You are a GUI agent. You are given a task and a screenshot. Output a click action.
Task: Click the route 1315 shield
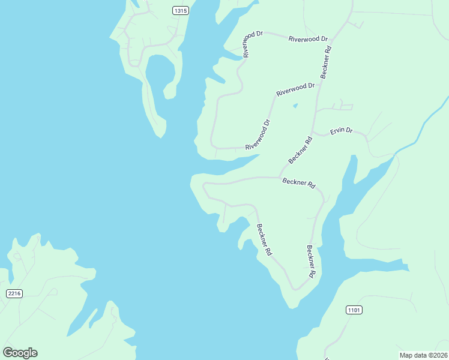click(x=180, y=10)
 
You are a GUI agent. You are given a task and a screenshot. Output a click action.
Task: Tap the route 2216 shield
click(x=14, y=293)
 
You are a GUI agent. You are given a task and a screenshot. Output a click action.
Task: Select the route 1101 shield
click(x=354, y=310)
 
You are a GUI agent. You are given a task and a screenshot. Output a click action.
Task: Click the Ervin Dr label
click(x=342, y=131)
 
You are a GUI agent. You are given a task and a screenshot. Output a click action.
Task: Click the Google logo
click(x=20, y=352)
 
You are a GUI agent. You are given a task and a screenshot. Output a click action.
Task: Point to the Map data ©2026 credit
click(x=423, y=355)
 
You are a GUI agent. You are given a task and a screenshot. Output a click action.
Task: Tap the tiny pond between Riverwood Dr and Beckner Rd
click(x=295, y=106)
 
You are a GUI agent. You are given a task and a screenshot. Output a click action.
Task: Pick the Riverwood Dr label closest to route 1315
click(x=253, y=44)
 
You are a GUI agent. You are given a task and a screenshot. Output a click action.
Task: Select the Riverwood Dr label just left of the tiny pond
click(x=295, y=90)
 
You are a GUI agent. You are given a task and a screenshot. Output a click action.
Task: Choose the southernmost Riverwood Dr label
click(x=258, y=134)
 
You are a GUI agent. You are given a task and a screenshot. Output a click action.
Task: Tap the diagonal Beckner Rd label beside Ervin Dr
click(x=300, y=150)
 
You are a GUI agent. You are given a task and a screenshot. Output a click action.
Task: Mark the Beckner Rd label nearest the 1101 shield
click(x=310, y=261)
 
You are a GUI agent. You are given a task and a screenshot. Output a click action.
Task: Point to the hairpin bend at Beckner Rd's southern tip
click(x=295, y=289)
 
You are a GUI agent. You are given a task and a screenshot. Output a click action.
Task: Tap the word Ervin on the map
click(x=337, y=131)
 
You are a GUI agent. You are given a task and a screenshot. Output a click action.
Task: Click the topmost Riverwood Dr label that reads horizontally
click(x=309, y=39)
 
